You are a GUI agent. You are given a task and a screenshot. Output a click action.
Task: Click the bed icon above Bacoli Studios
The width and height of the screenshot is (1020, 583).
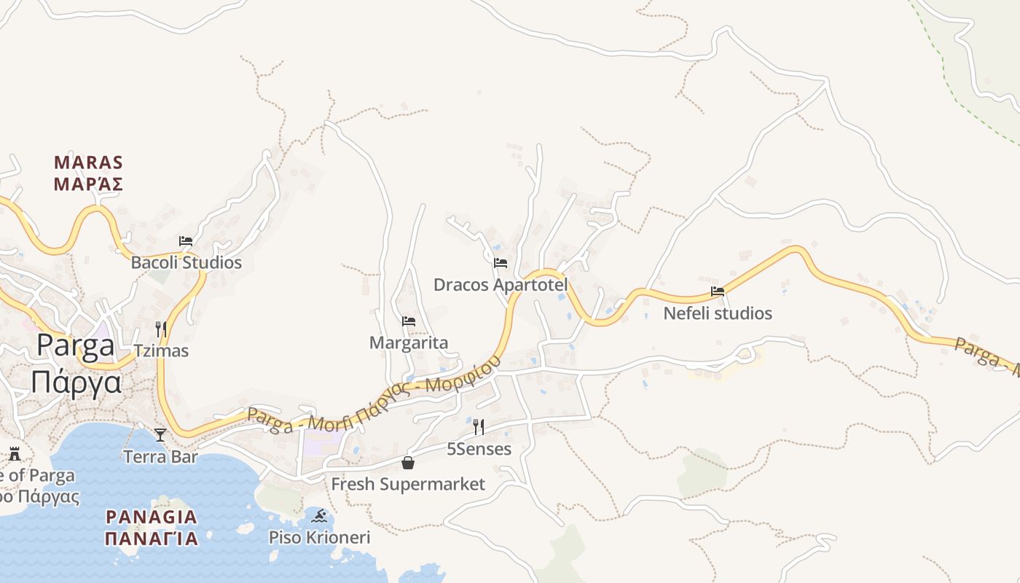pyautogui.click(x=186, y=241)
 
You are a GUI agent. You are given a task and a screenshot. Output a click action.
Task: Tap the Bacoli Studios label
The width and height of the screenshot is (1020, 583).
pyautogui.click(x=186, y=262)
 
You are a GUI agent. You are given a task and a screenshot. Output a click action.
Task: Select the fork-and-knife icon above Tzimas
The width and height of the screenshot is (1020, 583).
pyautogui.click(x=161, y=329)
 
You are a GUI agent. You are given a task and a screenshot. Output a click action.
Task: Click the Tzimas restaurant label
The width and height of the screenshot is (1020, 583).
pyautogui.click(x=160, y=351)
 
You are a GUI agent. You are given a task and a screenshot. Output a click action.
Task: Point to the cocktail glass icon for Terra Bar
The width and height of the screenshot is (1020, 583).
pyautogui.click(x=160, y=435)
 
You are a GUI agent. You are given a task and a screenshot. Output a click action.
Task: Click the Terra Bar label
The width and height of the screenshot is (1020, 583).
pyautogui.click(x=160, y=457)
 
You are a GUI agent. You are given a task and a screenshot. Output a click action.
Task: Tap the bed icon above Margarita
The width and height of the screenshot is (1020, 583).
pyautogui.click(x=409, y=321)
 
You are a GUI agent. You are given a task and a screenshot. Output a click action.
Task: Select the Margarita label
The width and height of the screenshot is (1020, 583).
pyautogui.click(x=409, y=343)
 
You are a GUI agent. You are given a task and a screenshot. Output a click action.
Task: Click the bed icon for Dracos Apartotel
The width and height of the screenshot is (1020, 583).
pyautogui.click(x=501, y=263)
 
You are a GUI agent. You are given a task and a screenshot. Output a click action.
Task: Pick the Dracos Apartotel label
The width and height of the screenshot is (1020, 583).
pyautogui.click(x=501, y=284)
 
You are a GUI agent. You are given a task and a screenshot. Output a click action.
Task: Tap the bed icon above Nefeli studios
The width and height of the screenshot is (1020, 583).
pyautogui.click(x=718, y=291)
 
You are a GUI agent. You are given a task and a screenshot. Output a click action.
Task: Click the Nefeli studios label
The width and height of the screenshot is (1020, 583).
pyautogui.click(x=718, y=313)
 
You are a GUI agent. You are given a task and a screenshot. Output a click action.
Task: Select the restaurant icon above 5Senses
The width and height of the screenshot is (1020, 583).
pyautogui.click(x=479, y=427)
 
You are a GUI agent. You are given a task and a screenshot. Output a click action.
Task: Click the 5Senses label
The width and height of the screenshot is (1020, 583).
pyautogui.click(x=479, y=449)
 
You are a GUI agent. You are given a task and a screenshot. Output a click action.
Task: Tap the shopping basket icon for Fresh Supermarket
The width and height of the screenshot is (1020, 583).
pyautogui.click(x=408, y=463)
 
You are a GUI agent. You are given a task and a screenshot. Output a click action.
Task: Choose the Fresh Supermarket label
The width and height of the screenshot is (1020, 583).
pyautogui.click(x=408, y=484)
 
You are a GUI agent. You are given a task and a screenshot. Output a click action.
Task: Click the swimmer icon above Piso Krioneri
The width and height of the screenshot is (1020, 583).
pyautogui.click(x=319, y=517)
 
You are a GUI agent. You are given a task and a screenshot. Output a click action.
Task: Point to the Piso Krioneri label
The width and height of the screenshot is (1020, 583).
pyautogui.click(x=319, y=538)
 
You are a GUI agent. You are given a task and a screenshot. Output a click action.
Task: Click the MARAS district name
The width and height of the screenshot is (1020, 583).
pyautogui.click(x=89, y=162)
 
